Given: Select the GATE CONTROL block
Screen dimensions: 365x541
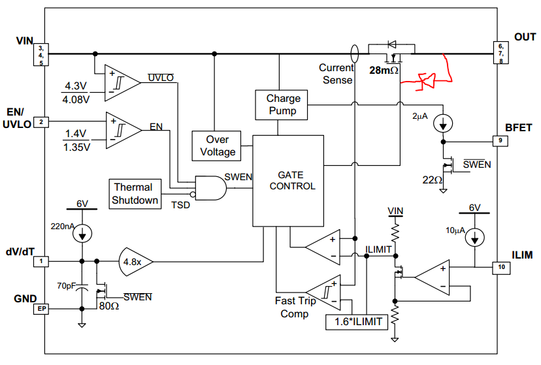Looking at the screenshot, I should (x=287, y=180).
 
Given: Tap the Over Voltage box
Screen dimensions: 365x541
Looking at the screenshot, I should (x=217, y=146).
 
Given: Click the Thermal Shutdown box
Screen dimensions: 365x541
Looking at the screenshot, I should (x=135, y=193).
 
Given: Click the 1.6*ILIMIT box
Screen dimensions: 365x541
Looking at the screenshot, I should (x=356, y=321).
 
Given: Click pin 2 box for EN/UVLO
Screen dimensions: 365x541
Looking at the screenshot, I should (x=41, y=122).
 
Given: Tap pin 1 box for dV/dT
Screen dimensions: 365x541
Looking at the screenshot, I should (x=41, y=261).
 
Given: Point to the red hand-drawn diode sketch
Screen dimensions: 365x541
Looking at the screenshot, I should (x=428, y=79).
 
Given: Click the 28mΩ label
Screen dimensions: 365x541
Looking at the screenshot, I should (x=384, y=70).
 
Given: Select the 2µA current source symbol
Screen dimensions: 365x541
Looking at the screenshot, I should (x=443, y=122).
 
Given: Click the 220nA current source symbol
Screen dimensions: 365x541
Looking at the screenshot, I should (x=82, y=232).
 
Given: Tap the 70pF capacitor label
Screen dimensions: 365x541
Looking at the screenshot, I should (x=65, y=285).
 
